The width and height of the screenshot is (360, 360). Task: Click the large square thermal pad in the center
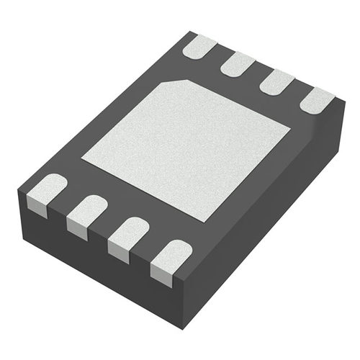[x=186, y=148]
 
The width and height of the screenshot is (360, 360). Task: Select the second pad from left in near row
[x=89, y=210]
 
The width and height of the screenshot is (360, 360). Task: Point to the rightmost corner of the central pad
[x=289, y=130]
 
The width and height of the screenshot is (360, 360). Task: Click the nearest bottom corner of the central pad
[x=214, y=220]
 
